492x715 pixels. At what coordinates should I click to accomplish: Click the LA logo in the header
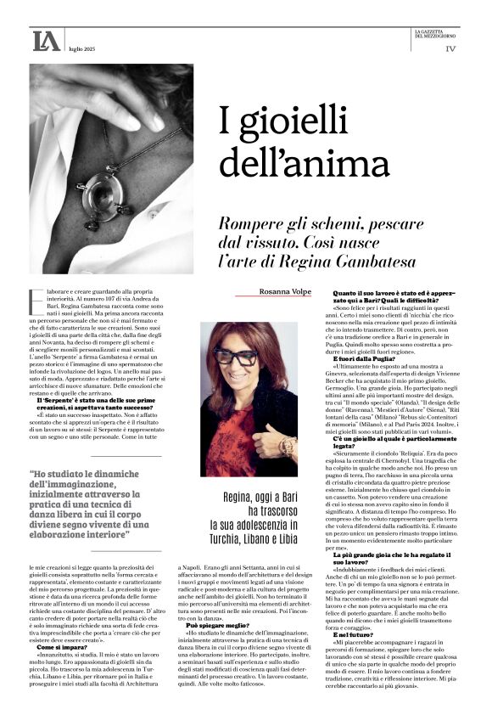point(46,40)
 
